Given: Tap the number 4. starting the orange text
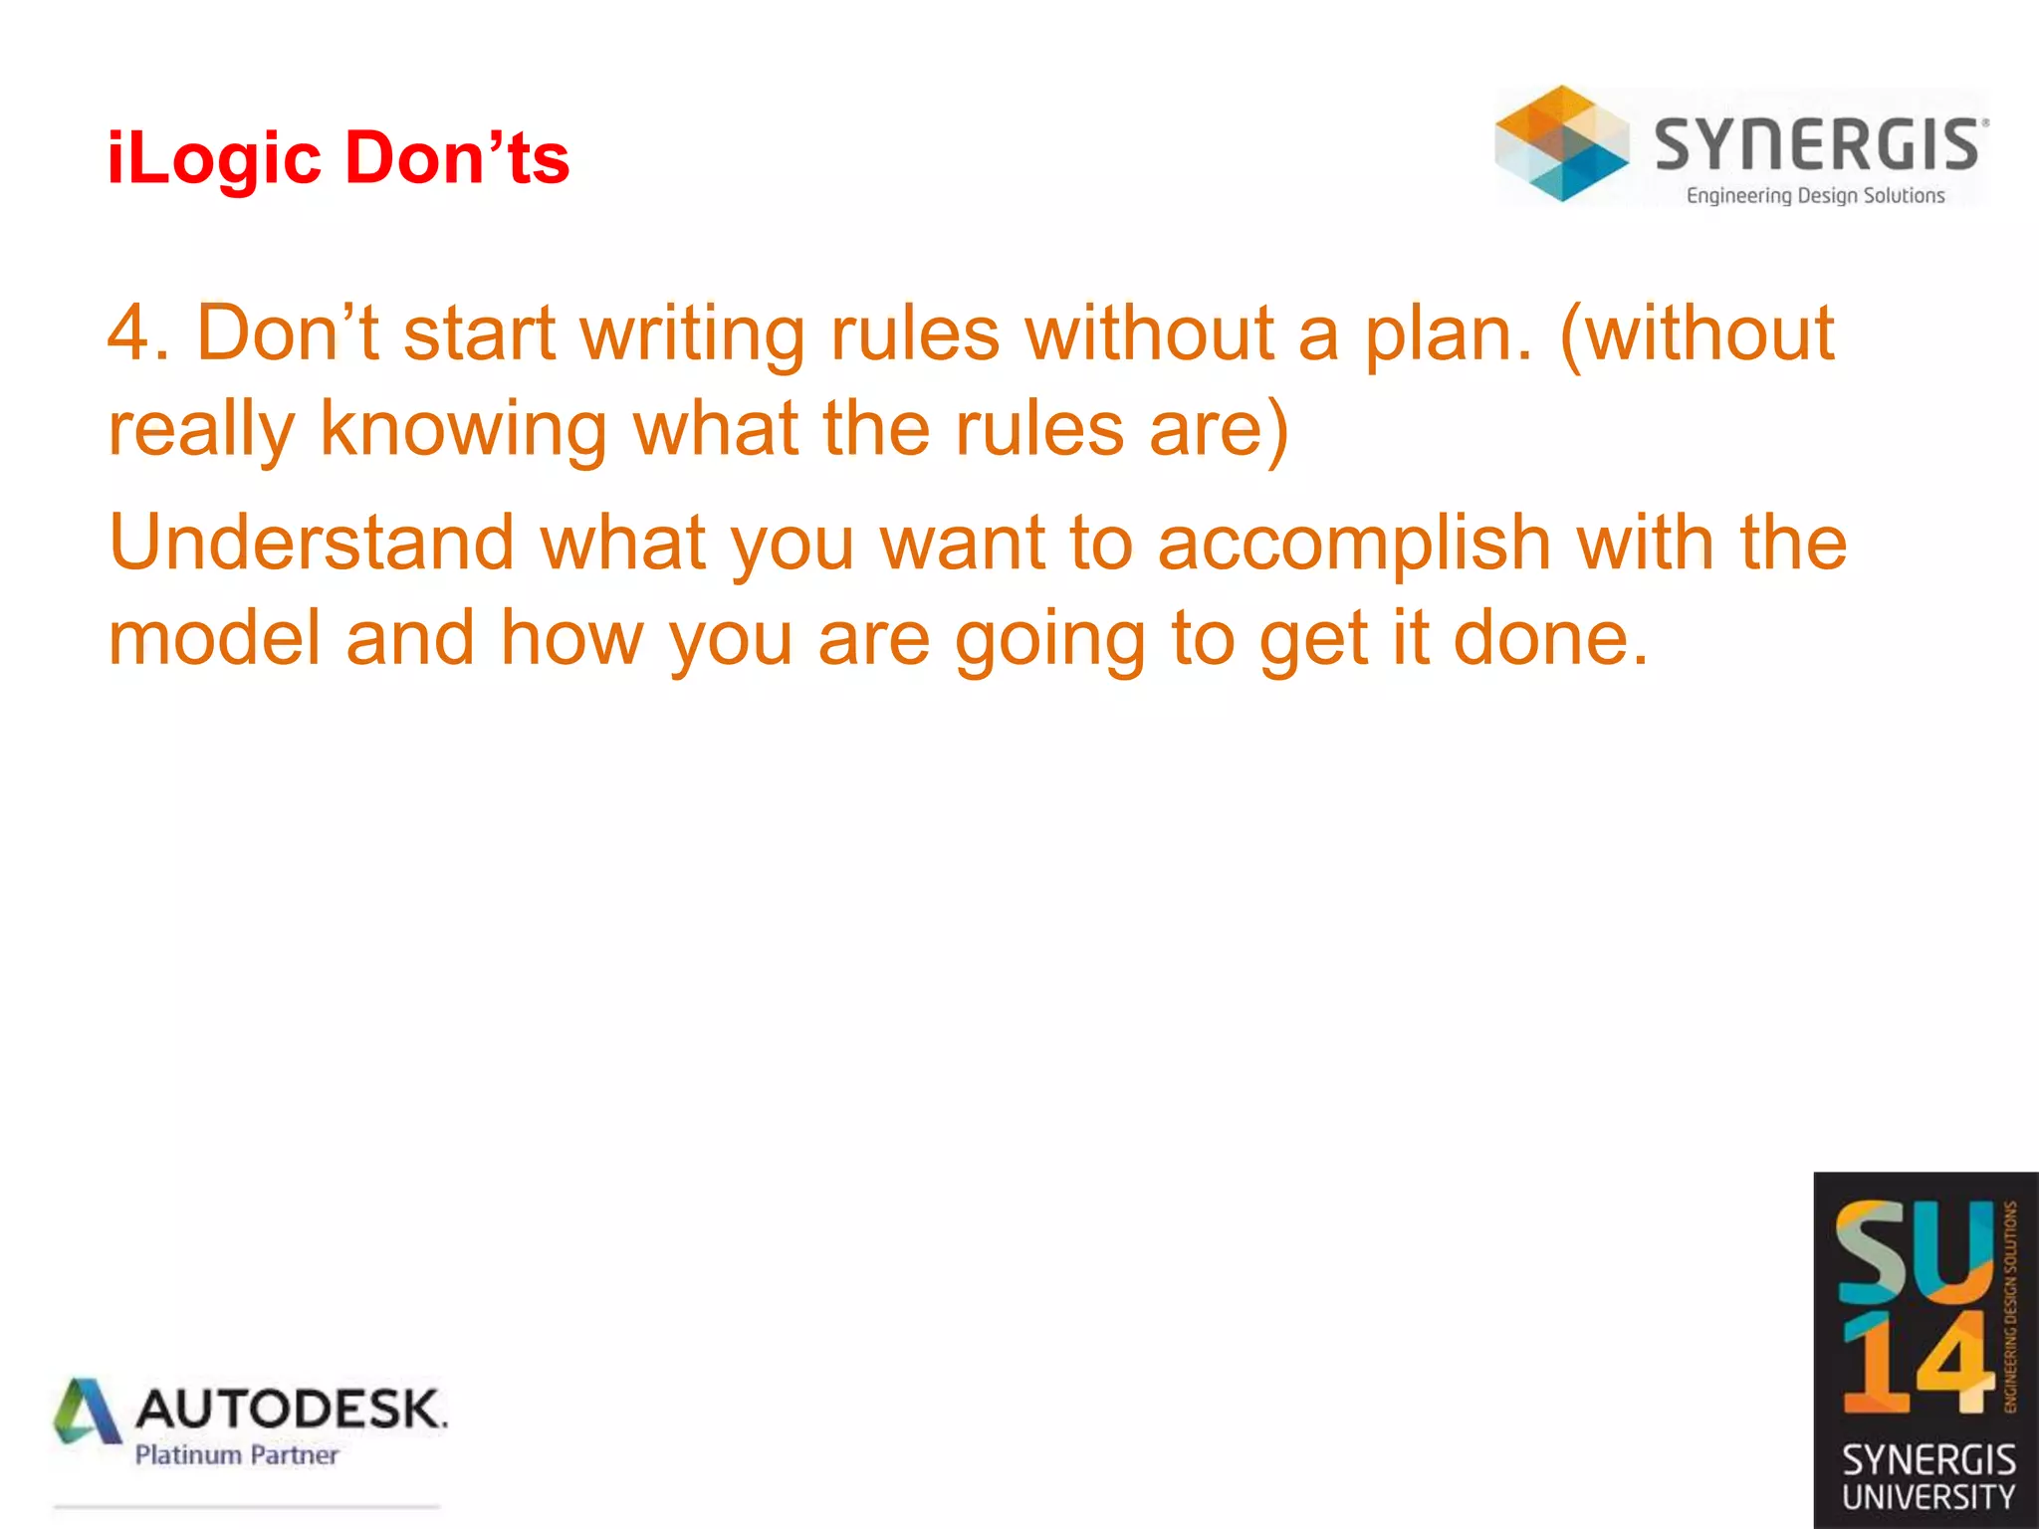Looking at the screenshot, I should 138,333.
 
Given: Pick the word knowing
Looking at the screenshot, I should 463,430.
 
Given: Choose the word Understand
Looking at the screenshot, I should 312,544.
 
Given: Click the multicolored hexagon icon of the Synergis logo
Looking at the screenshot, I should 1562,143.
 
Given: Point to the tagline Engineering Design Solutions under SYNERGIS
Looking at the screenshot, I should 1815,196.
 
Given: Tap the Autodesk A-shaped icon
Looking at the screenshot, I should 88,1412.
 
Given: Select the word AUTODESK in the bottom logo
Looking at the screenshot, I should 291,1410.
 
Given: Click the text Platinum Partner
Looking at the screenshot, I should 237,1455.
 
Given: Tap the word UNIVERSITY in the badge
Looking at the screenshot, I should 1928,1497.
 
